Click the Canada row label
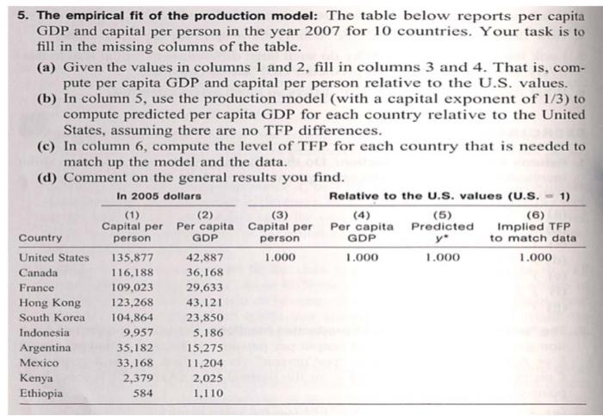pyautogui.click(x=38, y=273)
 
